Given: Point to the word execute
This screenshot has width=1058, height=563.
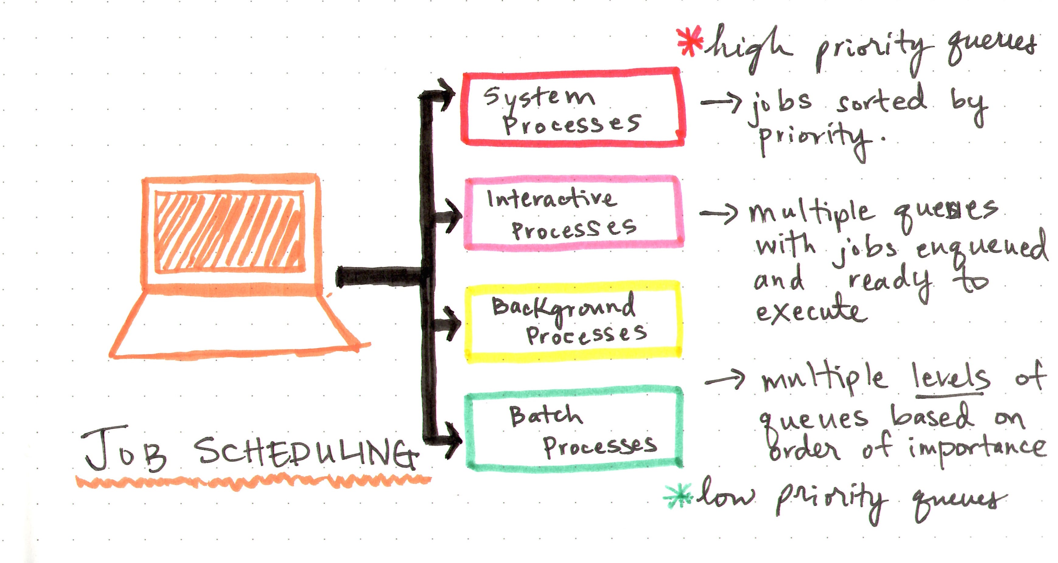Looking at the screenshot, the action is [811, 311].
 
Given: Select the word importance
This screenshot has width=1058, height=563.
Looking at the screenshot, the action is [976, 448].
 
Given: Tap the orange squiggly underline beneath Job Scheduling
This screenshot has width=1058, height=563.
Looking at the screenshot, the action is [253, 481].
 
